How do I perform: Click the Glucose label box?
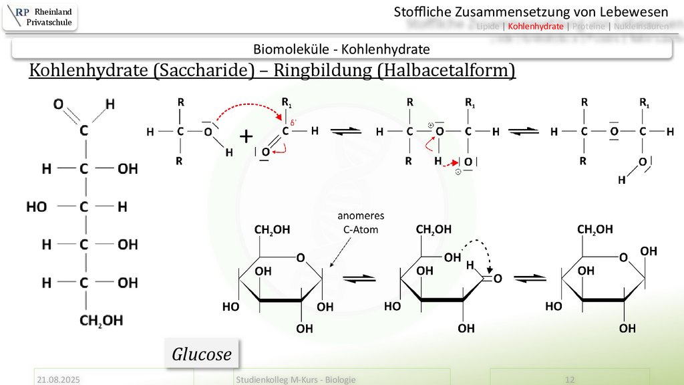[x=202, y=354]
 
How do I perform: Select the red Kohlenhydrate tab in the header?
[x=535, y=26]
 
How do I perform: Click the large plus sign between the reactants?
[x=246, y=138]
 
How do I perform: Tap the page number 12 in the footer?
[x=570, y=379]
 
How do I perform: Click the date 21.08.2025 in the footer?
[x=58, y=379]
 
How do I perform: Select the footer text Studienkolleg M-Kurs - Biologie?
[x=295, y=379]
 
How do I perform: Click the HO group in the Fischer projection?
[x=37, y=207]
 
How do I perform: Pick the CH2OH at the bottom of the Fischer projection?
[x=101, y=321]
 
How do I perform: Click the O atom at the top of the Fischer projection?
[x=58, y=104]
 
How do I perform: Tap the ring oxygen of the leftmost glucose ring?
[x=301, y=258]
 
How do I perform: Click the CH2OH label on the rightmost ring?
[x=595, y=230]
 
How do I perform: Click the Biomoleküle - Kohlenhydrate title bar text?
[x=341, y=49]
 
